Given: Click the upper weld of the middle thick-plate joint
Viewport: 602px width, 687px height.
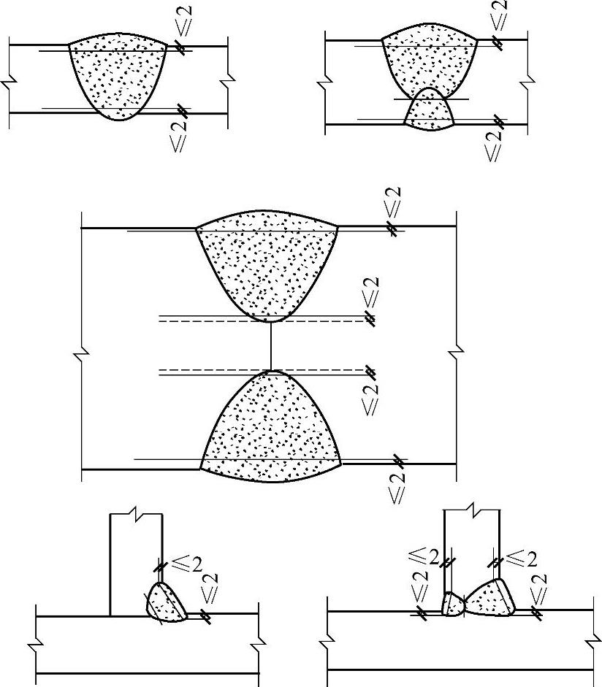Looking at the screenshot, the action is click(267, 263).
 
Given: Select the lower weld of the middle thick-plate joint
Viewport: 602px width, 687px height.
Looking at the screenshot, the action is click(271, 431).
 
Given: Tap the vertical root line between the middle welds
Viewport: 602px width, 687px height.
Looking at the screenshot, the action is click(271, 346).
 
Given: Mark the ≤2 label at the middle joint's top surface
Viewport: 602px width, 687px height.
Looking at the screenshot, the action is click(394, 204).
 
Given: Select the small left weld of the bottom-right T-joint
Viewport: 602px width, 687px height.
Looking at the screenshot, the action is click(454, 604).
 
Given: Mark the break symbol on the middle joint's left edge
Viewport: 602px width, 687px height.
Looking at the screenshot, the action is click(80, 356).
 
